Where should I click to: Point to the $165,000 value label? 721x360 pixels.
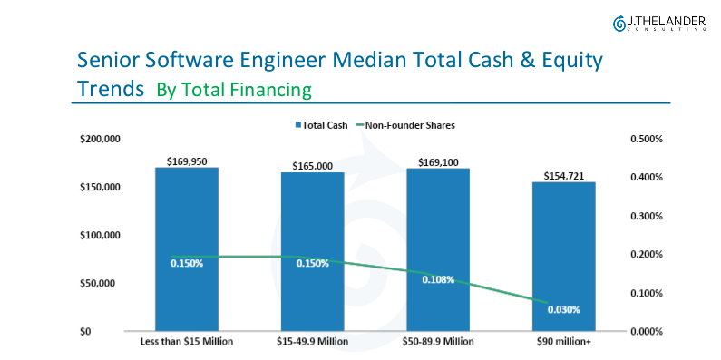(313, 166)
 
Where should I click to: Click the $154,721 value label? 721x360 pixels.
(563, 175)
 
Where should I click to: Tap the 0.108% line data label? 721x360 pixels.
(438, 279)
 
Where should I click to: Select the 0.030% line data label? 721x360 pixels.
(563, 309)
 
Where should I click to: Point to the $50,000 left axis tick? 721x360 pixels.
(103, 283)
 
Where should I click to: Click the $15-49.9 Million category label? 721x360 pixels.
(313, 342)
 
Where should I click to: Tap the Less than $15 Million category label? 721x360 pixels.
(187, 342)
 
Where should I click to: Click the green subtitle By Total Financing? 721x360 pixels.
(233, 90)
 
